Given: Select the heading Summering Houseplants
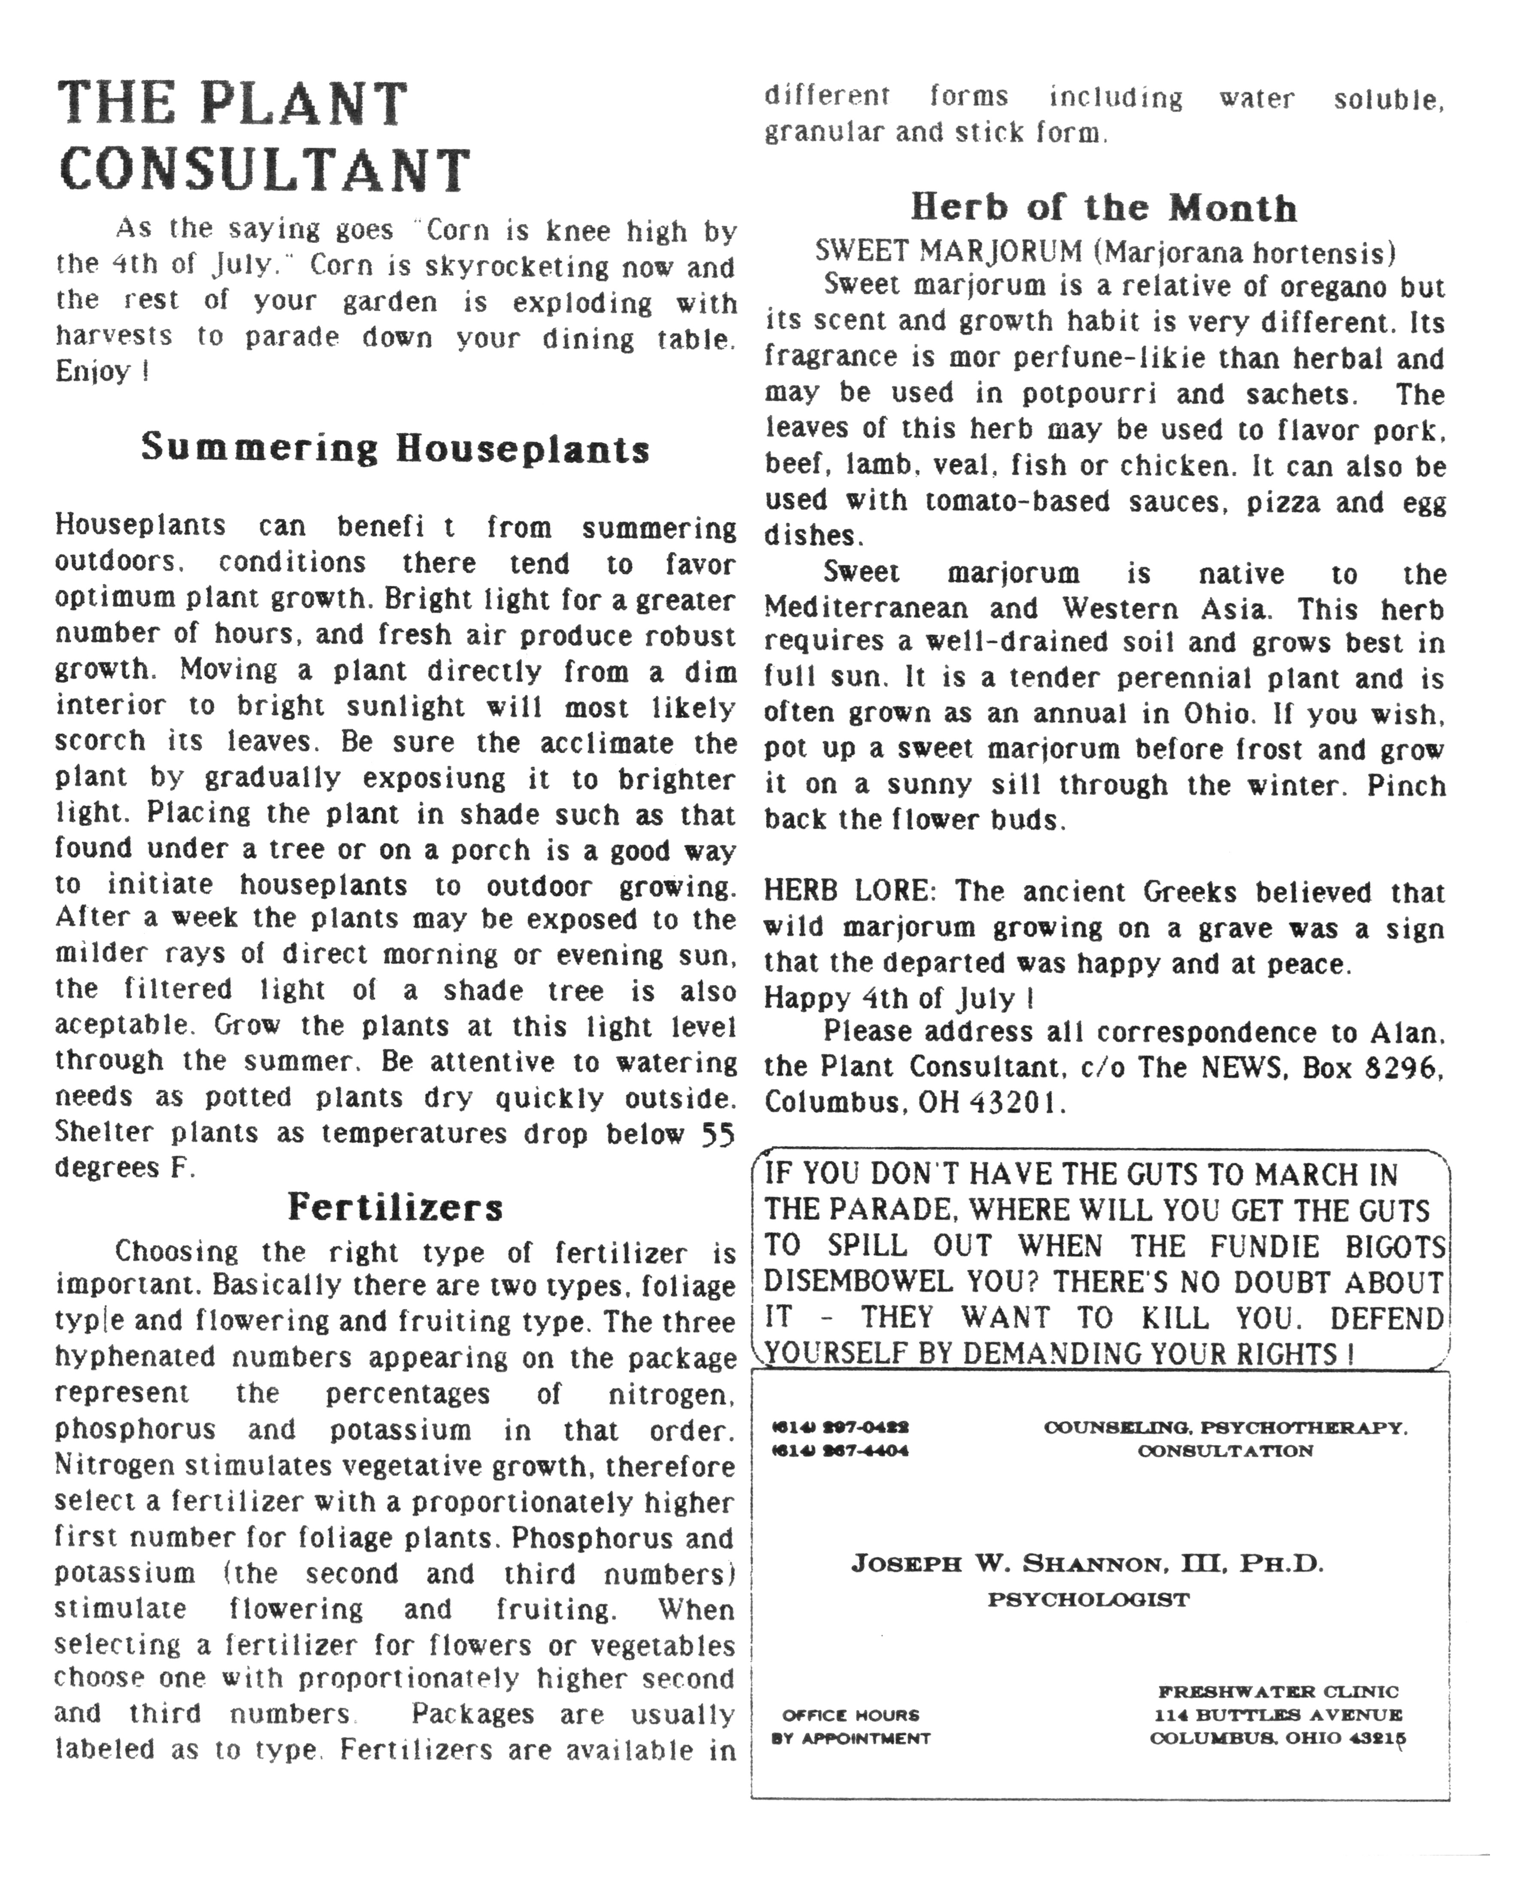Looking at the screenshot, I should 396,448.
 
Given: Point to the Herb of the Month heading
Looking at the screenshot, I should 1104,208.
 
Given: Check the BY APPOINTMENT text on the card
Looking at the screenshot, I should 851,1738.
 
